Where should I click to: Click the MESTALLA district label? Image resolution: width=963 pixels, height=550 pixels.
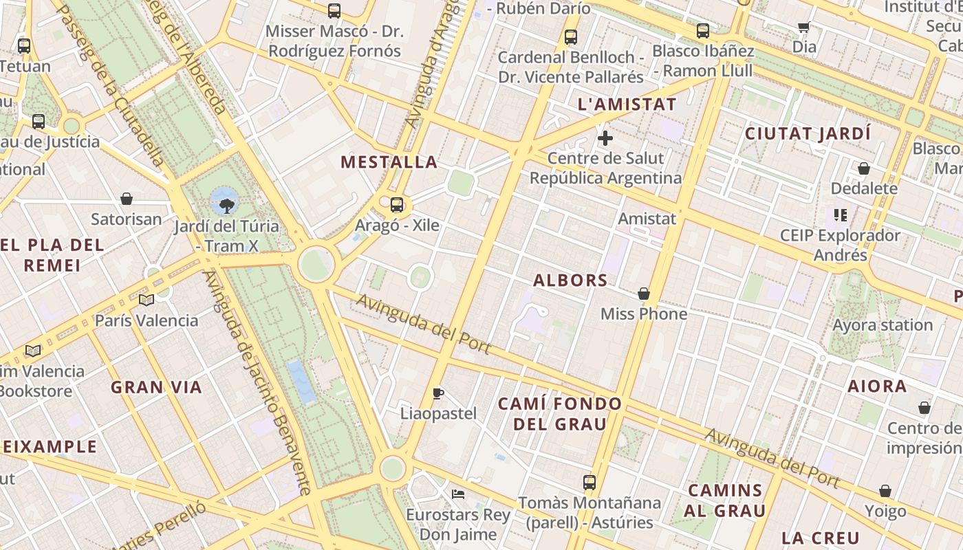pos(389,162)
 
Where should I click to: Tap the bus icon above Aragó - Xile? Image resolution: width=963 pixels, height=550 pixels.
pos(396,204)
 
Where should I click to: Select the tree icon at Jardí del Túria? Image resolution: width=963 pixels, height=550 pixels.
pos(226,205)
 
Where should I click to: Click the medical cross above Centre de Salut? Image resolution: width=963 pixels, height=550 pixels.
pos(605,138)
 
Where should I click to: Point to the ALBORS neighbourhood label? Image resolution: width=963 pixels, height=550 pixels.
pos(571,280)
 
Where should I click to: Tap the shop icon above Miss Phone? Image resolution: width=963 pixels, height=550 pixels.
pos(644,294)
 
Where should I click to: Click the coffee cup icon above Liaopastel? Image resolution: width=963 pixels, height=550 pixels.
pos(438,393)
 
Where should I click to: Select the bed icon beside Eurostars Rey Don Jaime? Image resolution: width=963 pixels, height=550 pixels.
pos(458,494)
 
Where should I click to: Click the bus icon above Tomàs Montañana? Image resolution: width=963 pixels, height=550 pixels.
pos(589,482)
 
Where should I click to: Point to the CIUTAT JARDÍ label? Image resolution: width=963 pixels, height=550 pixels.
pos(808,133)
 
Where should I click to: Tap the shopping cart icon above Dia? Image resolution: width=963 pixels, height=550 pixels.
pos(803,27)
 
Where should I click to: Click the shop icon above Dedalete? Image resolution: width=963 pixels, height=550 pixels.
pos(864,168)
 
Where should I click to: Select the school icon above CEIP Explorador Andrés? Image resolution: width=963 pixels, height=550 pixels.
pos(840,215)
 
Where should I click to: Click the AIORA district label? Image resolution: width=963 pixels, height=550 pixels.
pos(877,386)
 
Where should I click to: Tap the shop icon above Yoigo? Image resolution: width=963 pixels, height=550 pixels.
pos(885,492)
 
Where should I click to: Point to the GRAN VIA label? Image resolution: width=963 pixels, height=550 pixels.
pos(157,387)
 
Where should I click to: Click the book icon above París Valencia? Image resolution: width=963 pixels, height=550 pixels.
pos(146,300)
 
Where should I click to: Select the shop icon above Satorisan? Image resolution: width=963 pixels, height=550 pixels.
pos(127,199)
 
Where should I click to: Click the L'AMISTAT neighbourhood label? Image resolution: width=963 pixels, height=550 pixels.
pos(627,104)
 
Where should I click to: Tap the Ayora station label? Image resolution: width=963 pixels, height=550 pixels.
pos(883,324)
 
